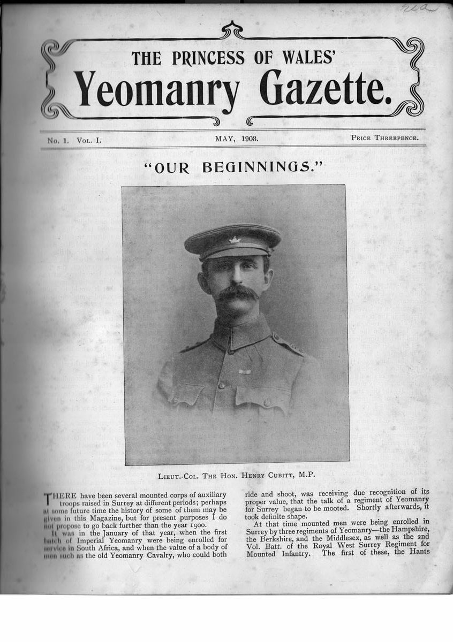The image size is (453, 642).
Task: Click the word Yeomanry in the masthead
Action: coord(156,89)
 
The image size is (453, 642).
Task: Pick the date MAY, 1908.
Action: coord(237,138)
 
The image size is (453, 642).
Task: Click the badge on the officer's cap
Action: coord(234,240)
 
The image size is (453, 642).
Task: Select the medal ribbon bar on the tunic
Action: coord(245,371)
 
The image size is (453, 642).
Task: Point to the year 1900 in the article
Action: coord(201,522)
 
